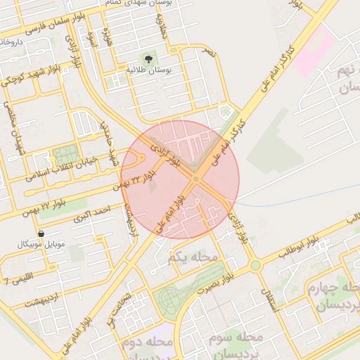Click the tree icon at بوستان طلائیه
point(148,58)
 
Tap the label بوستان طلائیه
point(145,71)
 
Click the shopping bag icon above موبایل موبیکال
point(41,233)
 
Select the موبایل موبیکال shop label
point(41,245)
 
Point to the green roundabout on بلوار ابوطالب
point(255,265)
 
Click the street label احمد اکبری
point(95,214)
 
